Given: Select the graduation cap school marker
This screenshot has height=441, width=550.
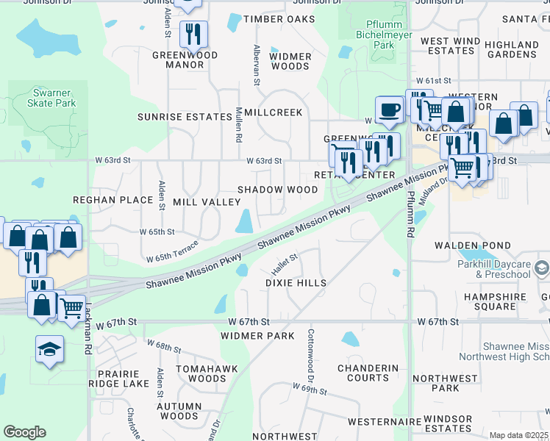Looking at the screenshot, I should tap(49, 350).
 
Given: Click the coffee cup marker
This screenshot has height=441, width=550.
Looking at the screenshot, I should tap(389, 110).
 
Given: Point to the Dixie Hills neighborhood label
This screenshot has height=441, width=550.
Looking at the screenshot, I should tap(296, 283).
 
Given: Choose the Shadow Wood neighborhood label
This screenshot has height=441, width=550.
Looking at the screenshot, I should tap(277, 190).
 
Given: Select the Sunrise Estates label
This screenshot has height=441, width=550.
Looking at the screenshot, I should tap(185, 117).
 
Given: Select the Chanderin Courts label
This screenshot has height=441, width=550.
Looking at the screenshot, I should tap(368, 373).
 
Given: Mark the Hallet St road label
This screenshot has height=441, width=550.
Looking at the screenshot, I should tap(285, 259).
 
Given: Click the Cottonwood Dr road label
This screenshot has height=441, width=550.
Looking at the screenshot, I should tap(310, 349).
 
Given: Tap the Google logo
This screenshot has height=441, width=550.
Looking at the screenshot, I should tap(24, 432).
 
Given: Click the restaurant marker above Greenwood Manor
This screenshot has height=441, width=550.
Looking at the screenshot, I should tap(193, 34).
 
